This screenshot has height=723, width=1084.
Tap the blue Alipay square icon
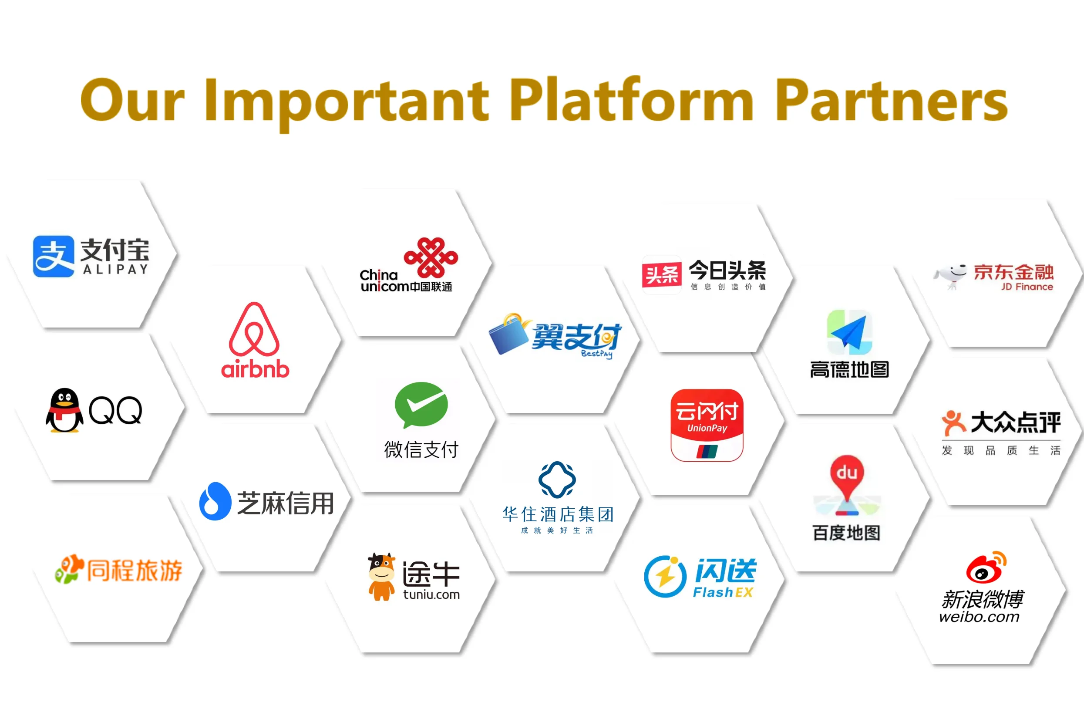click(54, 257)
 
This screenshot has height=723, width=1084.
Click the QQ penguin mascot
click(64, 410)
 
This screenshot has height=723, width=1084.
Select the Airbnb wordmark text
click(255, 369)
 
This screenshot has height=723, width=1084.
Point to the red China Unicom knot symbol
click(431, 257)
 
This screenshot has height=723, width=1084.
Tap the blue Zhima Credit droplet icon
click(215, 501)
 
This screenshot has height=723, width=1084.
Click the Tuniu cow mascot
click(381, 576)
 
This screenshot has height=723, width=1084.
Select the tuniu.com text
click(431, 595)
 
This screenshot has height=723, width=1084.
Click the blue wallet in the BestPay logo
click(509, 335)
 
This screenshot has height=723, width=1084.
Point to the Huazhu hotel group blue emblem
click(557, 480)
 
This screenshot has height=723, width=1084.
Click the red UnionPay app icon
click(707, 425)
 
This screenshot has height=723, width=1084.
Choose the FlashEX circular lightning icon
click(665, 576)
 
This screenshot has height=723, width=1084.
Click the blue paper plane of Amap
click(849, 332)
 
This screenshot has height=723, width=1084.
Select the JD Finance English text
click(1027, 287)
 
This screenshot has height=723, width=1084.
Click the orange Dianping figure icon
click(953, 422)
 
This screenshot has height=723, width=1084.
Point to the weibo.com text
click(979, 617)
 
